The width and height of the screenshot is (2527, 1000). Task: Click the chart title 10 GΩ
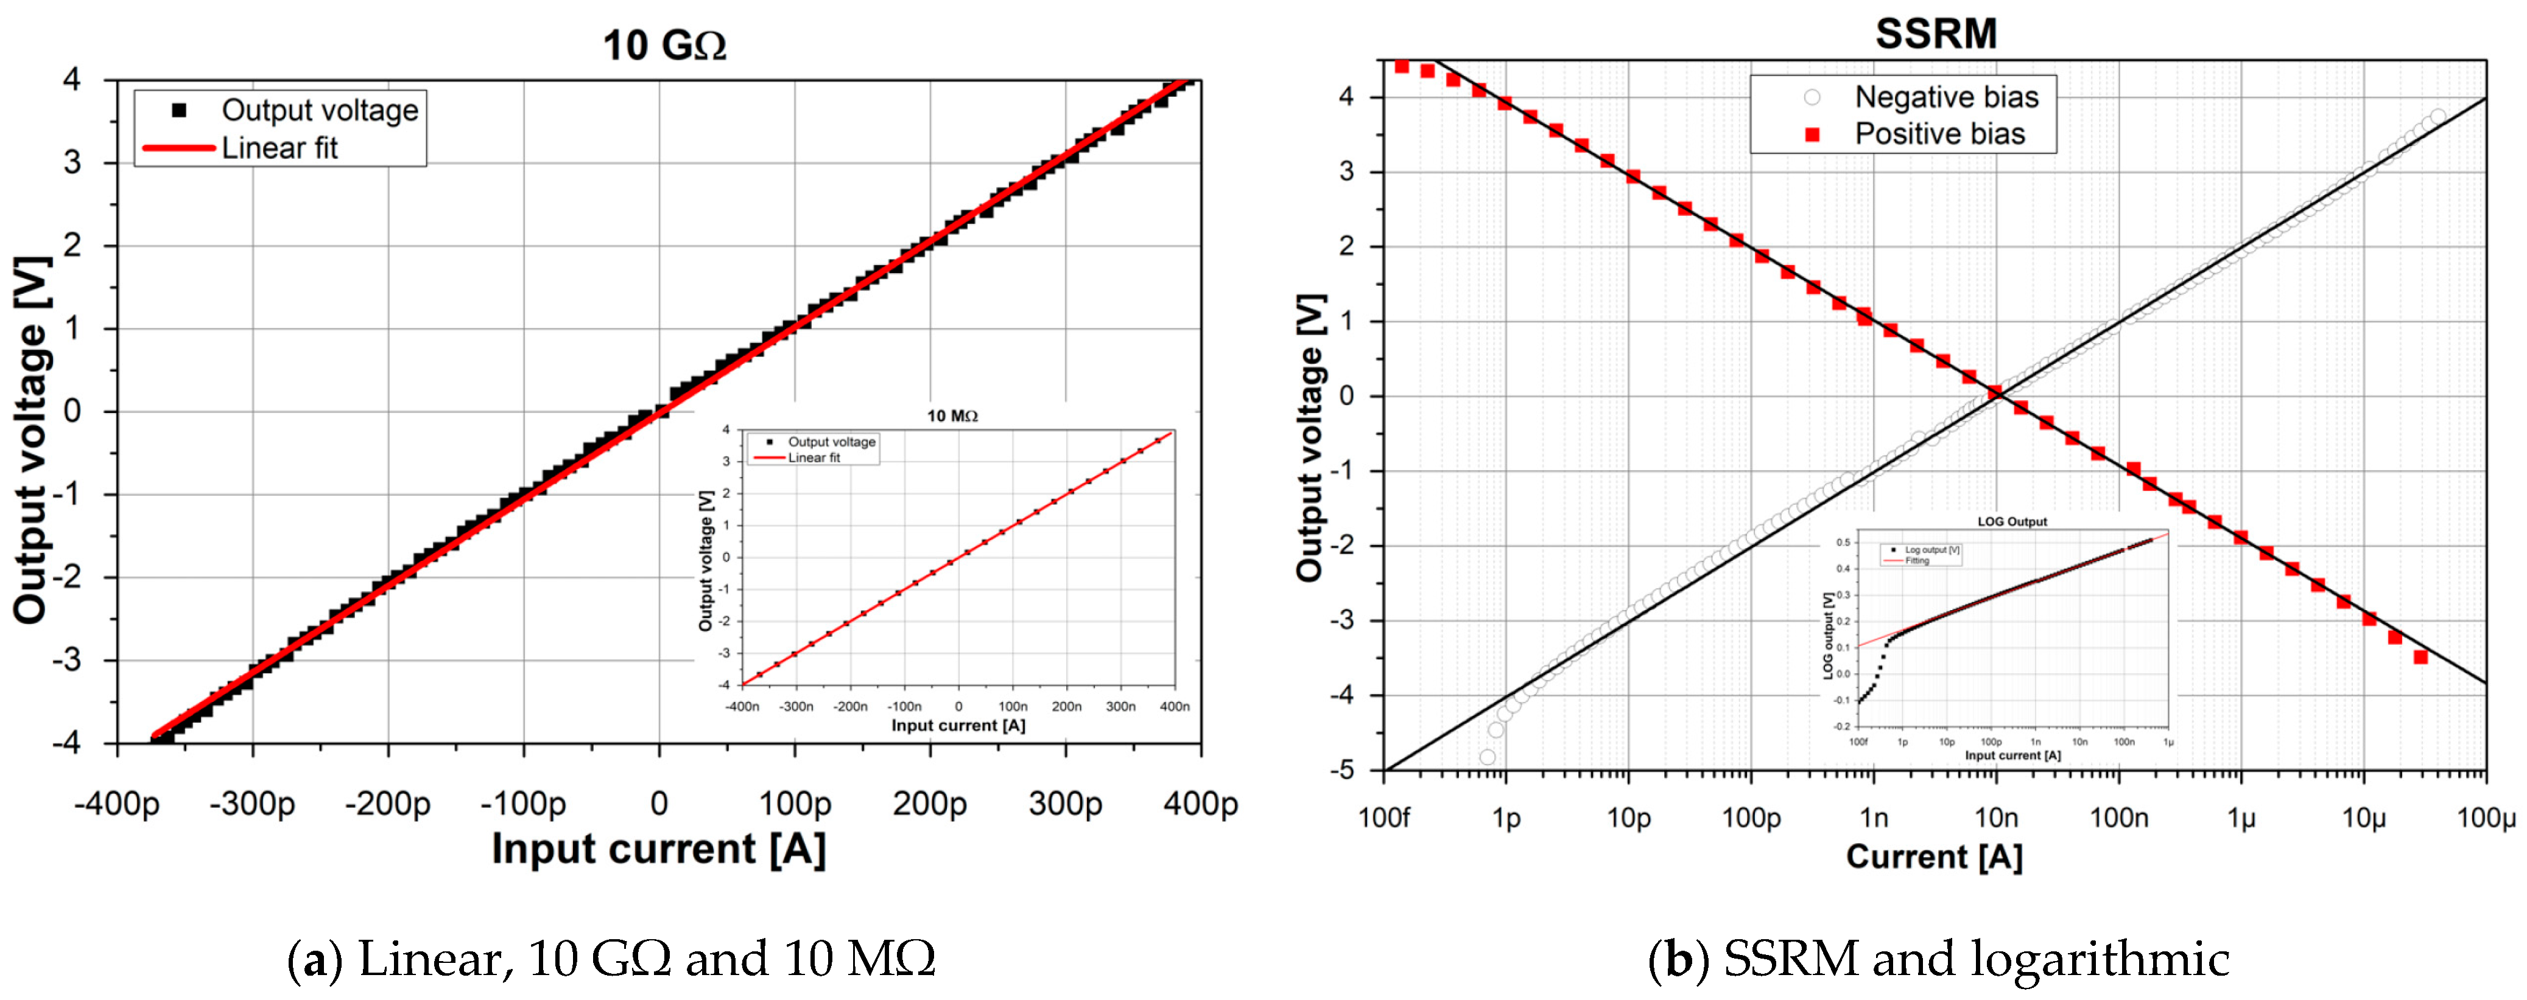[x=664, y=45]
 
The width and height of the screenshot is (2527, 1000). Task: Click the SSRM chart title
[x=1936, y=33]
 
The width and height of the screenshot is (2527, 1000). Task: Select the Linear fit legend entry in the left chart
[x=279, y=148]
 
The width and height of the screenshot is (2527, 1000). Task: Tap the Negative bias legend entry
[x=1945, y=97]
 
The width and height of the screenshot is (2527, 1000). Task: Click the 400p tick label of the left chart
[x=1200, y=804]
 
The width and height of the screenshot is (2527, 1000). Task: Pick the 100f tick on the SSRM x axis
[x=1383, y=817]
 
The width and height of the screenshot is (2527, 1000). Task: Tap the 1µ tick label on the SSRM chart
[x=2241, y=817]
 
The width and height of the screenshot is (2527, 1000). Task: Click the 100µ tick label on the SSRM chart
[x=2485, y=817]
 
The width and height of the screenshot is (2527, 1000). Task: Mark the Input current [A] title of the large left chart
[x=658, y=849]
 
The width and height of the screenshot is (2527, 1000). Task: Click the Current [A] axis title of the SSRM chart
[x=1933, y=857]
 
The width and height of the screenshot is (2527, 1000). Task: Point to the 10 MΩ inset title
[x=952, y=415]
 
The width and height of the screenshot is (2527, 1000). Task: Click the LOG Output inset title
[x=2011, y=521]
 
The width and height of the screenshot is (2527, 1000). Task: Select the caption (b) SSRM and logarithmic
[x=1938, y=959]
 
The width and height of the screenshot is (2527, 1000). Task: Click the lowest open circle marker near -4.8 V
[x=1487, y=757]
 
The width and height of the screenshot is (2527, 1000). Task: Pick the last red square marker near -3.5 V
[x=2420, y=657]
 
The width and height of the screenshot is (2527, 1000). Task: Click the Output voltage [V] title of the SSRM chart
[x=1310, y=437]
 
